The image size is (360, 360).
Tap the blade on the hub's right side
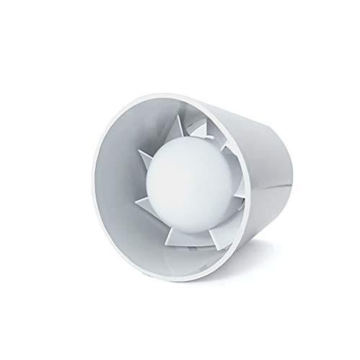(x=231, y=184)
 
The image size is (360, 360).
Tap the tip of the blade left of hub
(x=139, y=152)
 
